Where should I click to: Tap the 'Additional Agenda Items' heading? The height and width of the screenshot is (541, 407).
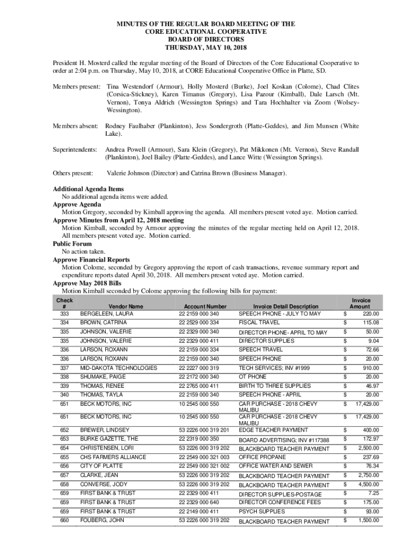point(88,189)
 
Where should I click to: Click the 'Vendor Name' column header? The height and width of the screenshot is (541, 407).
point(125,306)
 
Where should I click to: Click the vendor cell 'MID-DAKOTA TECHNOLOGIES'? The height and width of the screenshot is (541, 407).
point(118,368)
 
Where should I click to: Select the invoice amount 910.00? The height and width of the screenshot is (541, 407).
point(371,368)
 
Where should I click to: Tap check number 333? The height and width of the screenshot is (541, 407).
point(64,314)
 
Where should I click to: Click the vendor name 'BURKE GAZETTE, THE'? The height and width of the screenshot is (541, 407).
point(109,439)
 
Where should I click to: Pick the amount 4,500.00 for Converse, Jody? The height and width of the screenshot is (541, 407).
point(368,484)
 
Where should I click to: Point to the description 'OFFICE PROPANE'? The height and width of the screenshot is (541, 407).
point(260,457)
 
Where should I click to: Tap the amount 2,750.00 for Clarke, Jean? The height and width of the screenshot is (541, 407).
point(368,475)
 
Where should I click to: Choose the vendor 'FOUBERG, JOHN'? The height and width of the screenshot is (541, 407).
point(103,520)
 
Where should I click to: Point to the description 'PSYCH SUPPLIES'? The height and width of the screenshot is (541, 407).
point(262,511)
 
